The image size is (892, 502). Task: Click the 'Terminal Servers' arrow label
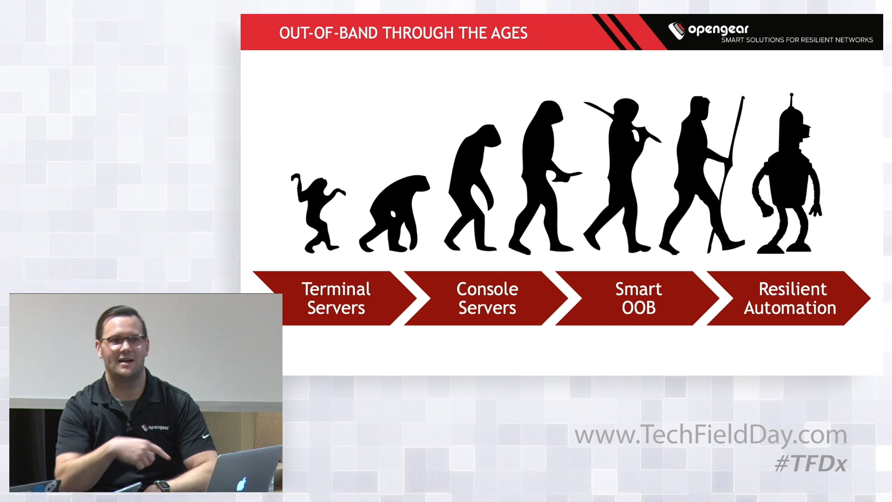(x=336, y=298)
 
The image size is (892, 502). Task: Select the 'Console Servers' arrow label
(x=487, y=298)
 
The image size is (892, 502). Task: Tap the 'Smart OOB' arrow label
(x=639, y=298)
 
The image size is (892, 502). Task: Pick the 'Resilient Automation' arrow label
(x=790, y=298)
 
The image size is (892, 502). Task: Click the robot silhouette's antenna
(x=791, y=100)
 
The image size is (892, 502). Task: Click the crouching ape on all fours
(x=394, y=214)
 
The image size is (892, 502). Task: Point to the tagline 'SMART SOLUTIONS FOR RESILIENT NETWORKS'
(x=797, y=40)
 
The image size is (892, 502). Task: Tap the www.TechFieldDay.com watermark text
(x=711, y=435)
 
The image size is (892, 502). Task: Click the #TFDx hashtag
(x=811, y=464)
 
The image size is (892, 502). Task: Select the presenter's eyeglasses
(x=123, y=341)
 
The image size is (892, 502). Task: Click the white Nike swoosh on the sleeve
(x=206, y=435)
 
